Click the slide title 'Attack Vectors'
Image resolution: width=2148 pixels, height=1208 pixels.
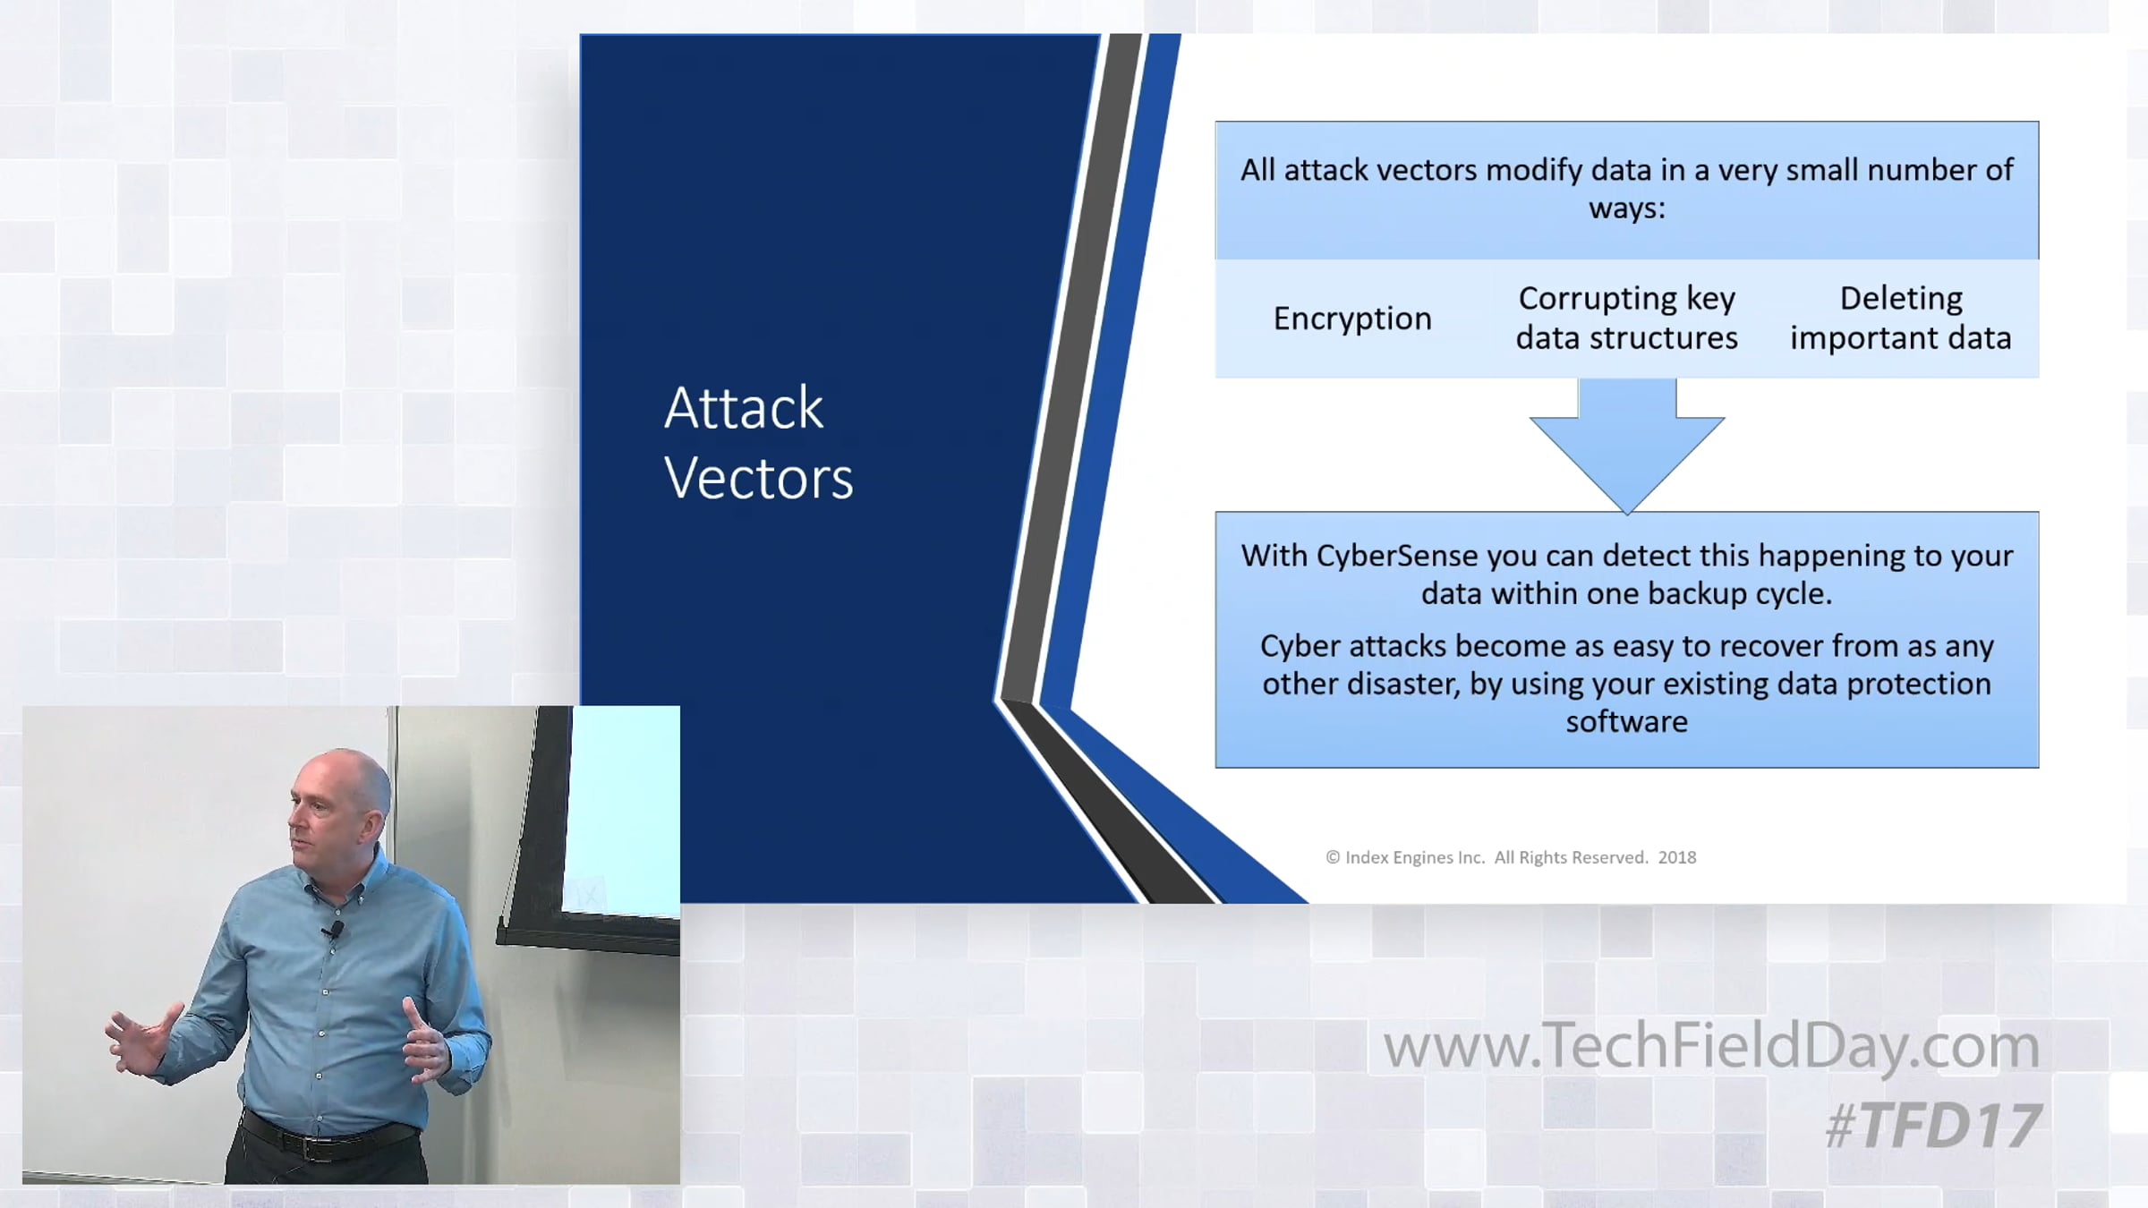(x=758, y=443)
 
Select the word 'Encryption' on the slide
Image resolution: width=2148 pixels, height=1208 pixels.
(x=1352, y=319)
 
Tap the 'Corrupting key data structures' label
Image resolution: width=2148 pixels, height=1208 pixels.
(x=1626, y=318)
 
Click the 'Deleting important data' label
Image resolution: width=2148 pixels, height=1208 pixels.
(x=1900, y=318)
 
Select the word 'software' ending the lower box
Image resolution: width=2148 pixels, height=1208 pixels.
(x=1626, y=721)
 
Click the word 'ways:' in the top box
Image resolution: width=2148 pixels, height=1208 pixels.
(x=1627, y=209)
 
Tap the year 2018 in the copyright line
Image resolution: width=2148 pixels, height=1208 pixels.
(x=1677, y=857)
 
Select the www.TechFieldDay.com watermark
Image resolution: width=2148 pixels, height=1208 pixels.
(x=1711, y=1045)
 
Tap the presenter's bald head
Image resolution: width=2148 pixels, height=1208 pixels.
(x=344, y=778)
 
